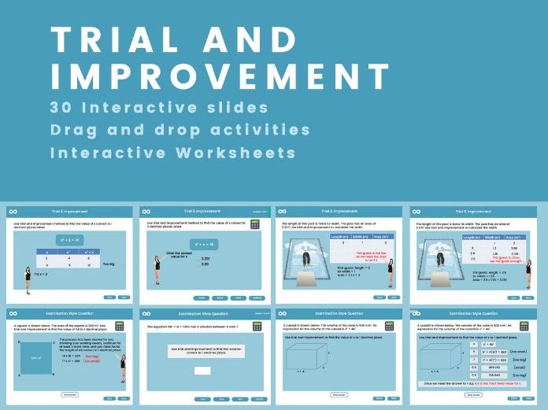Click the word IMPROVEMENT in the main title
click(220, 76)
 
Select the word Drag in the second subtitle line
click(74, 129)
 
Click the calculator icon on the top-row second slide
click(255, 224)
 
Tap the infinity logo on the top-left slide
click(13, 212)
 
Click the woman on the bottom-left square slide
click(121, 367)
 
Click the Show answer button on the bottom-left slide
click(69, 394)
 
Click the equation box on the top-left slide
click(68, 237)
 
